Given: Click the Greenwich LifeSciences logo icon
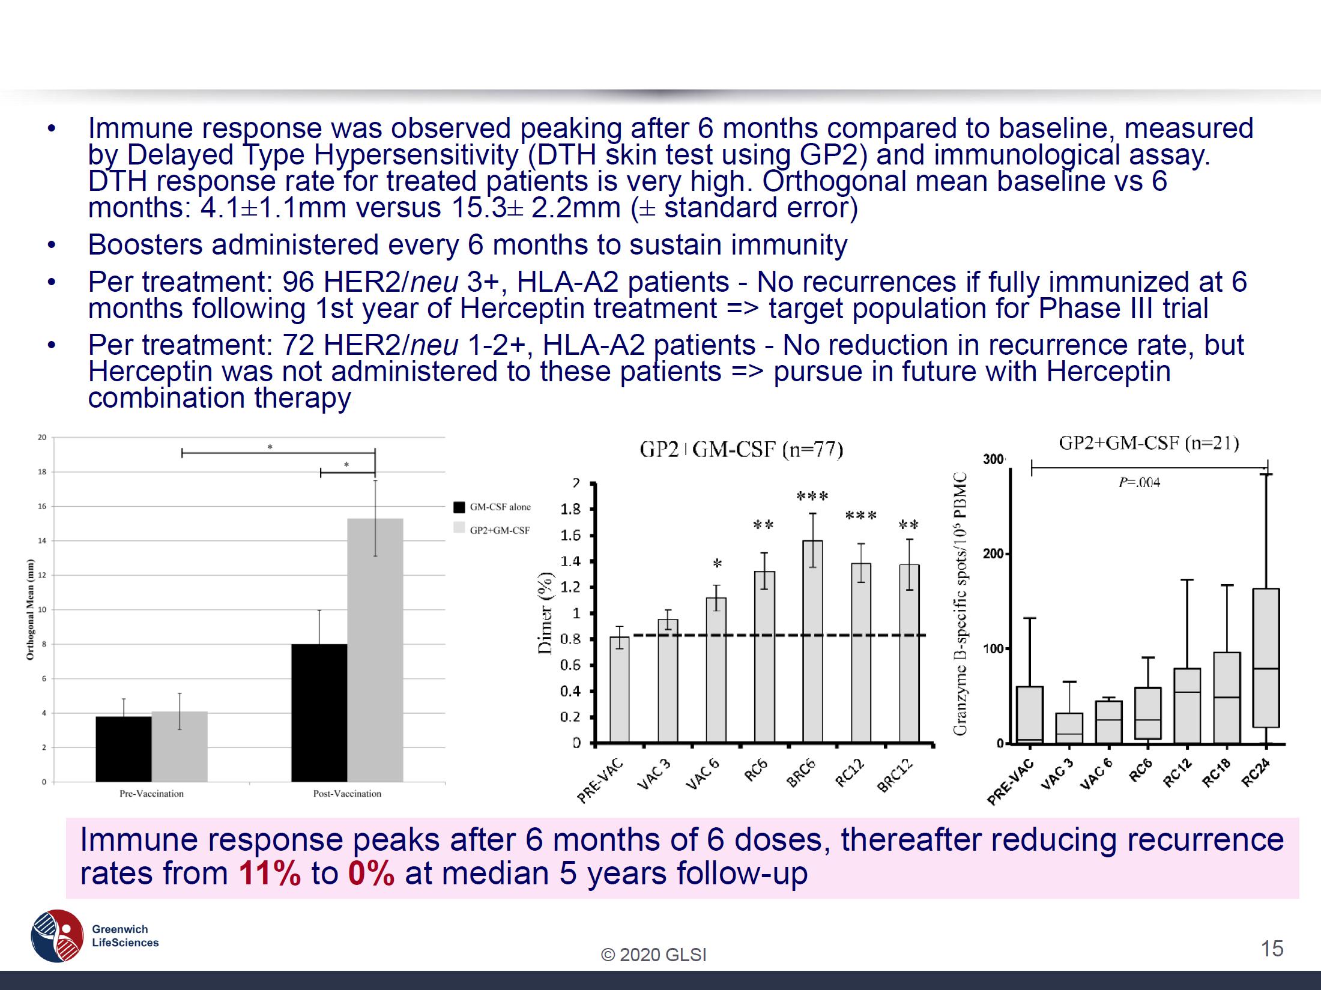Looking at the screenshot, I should click(x=57, y=935).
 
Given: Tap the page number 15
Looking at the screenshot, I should click(x=1272, y=949).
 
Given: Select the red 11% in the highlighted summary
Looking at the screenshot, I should click(x=270, y=874).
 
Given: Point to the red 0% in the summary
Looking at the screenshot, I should click(x=371, y=874).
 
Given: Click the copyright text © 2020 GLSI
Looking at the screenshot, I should click(x=654, y=955).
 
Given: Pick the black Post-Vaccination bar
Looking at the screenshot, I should click(x=319, y=713).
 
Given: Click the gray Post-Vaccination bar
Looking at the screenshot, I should click(x=375, y=650).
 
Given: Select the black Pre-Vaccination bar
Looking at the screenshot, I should click(x=124, y=749).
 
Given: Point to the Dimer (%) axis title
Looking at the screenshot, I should click(x=545, y=612).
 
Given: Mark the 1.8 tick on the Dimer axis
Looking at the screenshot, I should click(x=570, y=510).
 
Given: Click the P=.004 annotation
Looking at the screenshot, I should click(x=1139, y=483).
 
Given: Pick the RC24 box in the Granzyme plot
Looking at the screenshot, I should click(x=1266, y=657).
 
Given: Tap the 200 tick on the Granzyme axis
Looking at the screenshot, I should click(x=993, y=554).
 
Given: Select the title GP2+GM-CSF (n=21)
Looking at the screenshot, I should click(x=1149, y=443).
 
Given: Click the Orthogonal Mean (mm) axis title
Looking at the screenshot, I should click(x=30, y=609).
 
